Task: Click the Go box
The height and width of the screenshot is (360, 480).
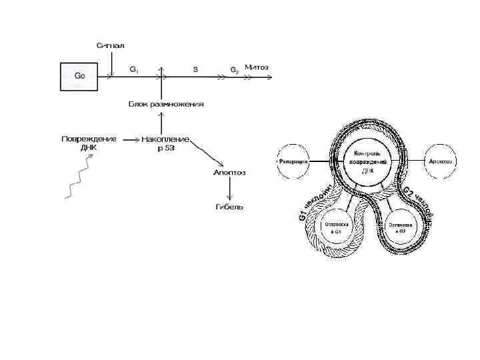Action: click(x=79, y=76)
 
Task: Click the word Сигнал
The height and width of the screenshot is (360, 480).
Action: click(x=110, y=45)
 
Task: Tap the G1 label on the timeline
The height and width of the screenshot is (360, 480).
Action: click(x=134, y=69)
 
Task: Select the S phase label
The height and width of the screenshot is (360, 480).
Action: click(x=195, y=69)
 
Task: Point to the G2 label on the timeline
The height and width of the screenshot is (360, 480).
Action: click(x=234, y=69)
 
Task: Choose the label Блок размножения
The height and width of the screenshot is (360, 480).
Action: click(x=166, y=104)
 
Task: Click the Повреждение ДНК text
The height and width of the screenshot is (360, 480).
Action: click(x=89, y=143)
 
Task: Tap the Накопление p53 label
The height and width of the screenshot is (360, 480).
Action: click(x=165, y=143)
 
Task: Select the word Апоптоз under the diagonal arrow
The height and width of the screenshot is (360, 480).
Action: click(x=229, y=173)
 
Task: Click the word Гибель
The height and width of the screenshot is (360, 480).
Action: click(x=229, y=207)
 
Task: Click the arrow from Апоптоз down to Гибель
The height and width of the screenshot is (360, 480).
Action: click(x=229, y=189)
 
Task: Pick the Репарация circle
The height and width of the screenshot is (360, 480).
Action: click(x=294, y=162)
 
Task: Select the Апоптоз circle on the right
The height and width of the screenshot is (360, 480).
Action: click(x=441, y=161)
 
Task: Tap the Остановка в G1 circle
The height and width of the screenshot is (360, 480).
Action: click(x=333, y=228)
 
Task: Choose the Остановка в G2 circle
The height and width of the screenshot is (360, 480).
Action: click(x=401, y=228)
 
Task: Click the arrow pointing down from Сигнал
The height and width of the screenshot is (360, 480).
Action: click(x=112, y=63)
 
